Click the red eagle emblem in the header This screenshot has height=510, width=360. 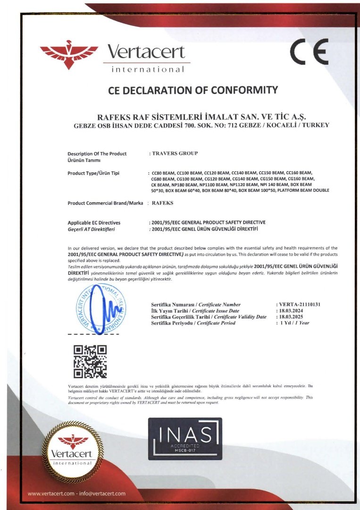pos(69,54)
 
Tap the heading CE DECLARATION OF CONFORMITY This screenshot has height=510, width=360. pos(193,90)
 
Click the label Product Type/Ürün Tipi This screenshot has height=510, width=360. pos(93,173)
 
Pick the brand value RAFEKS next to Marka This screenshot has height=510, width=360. pos(163,203)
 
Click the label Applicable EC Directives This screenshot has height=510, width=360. pos(94,222)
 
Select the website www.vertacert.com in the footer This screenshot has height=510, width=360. pos(51,493)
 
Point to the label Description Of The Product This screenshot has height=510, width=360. pos(97,154)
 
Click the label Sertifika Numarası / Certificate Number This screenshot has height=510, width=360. pos(195,305)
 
